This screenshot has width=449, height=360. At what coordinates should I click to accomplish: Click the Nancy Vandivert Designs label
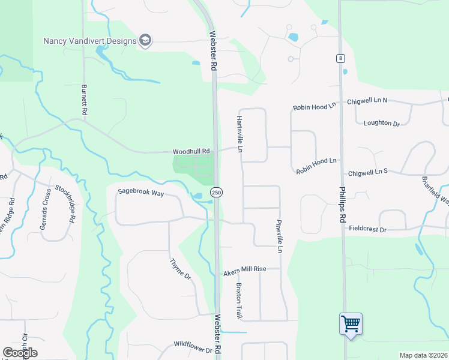[x=89, y=41]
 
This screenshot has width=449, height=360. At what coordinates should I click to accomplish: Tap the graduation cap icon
[x=145, y=41]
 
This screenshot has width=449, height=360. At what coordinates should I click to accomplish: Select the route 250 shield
[x=217, y=192]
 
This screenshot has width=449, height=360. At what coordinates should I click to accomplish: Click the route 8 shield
[x=340, y=58]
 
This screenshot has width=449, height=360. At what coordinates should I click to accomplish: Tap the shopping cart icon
[x=351, y=324]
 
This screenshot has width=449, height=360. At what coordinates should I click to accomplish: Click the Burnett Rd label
[x=84, y=100]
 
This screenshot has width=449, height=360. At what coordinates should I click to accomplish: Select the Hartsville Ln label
[x=240, y=133]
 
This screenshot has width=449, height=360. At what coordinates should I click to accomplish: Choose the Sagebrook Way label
[x=140, y=191]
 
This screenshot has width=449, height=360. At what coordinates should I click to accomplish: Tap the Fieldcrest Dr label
[x=369, y=229]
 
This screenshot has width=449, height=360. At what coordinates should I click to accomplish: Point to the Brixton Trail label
[x=239, y=301]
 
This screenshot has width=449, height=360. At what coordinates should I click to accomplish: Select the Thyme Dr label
[x=180, y=269]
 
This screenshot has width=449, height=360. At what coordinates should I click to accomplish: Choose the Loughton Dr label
[x=382, y=123]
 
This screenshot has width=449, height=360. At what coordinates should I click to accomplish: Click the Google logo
[x=20, y=352]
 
